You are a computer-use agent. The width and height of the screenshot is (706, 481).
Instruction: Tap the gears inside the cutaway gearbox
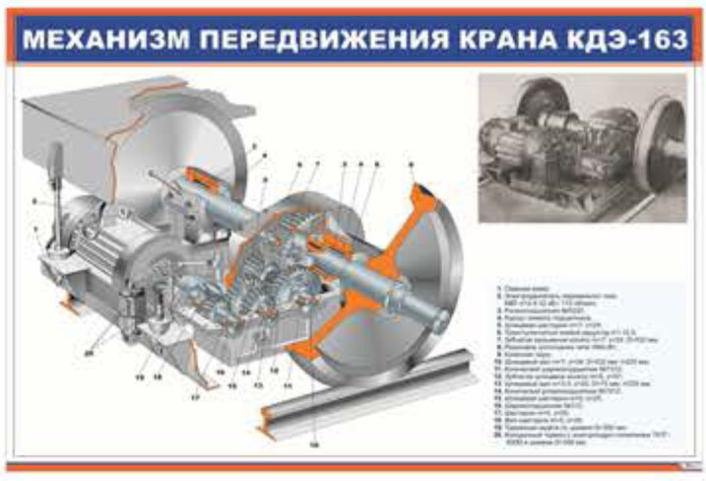[281, 266]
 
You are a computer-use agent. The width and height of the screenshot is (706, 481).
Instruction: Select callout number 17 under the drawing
[195, 397]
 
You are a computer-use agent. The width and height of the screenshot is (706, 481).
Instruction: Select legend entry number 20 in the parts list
[551, 433]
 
